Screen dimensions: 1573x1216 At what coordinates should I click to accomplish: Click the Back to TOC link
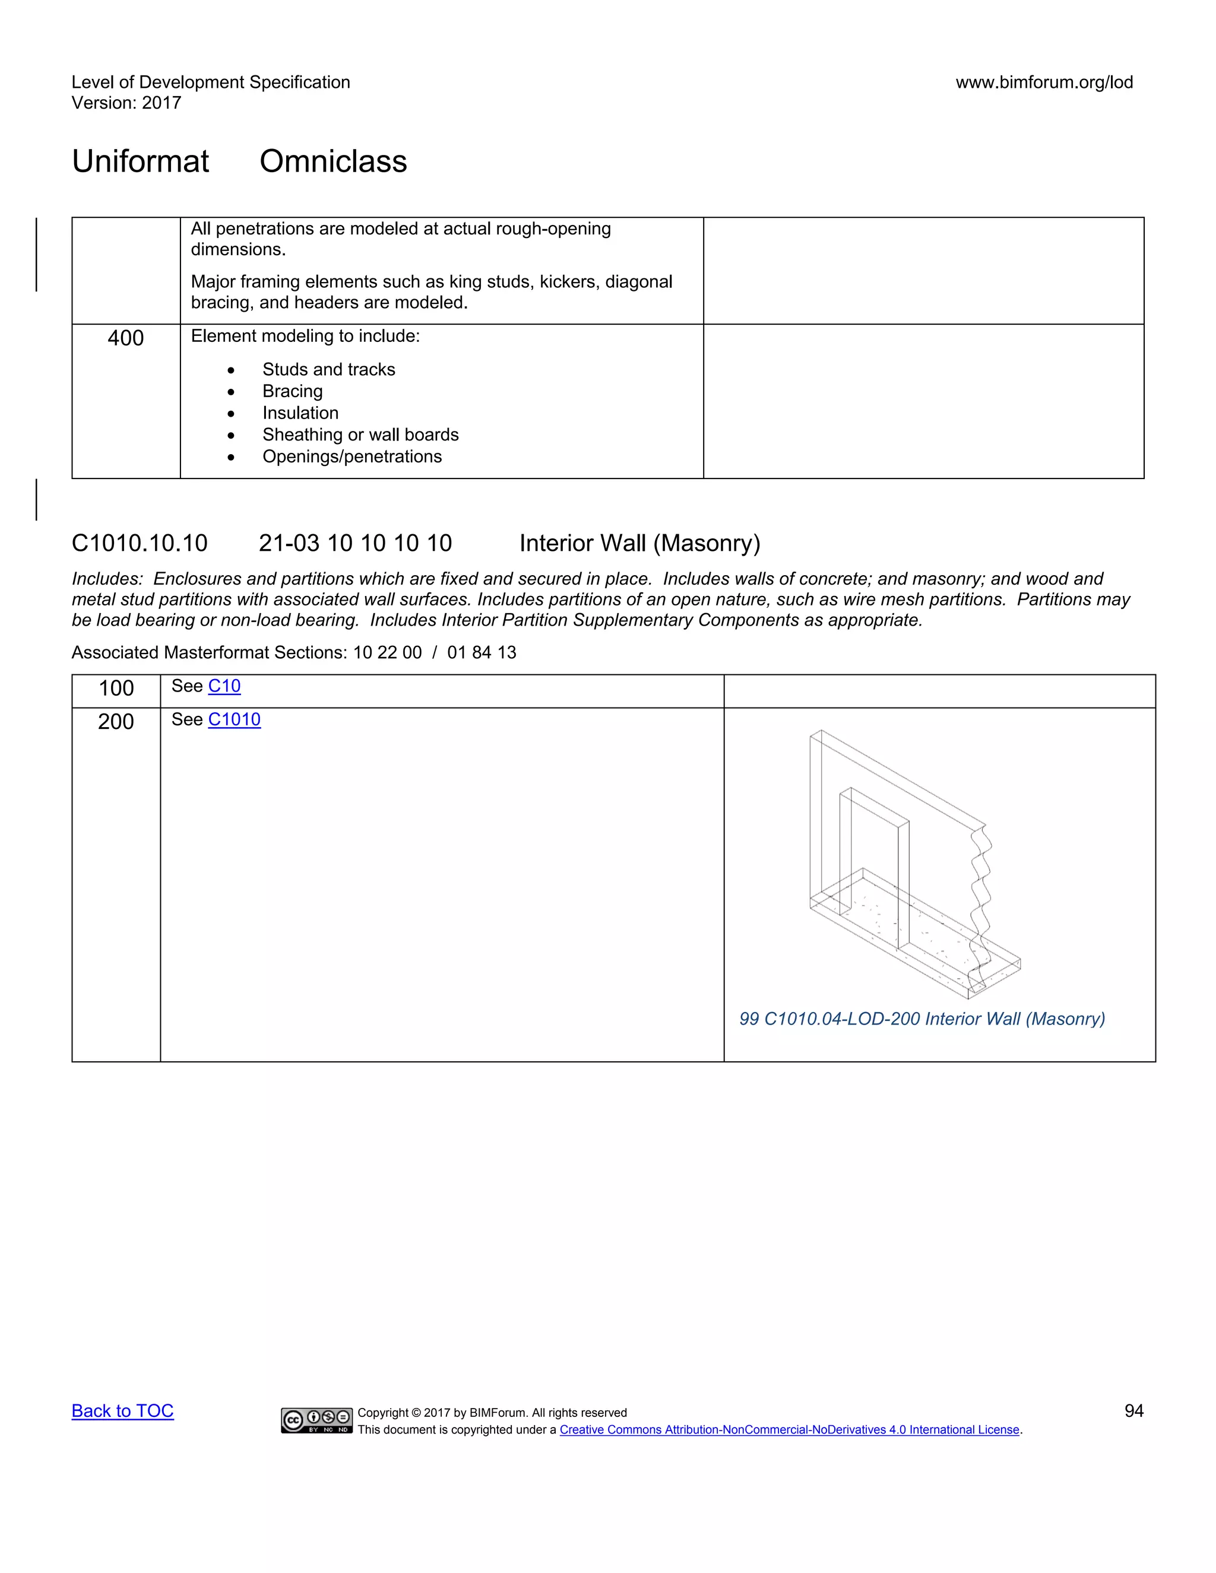pyautogui.click(x=122, y=1410)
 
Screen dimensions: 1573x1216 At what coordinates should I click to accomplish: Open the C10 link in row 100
pyautogui.click(x=224, y=686)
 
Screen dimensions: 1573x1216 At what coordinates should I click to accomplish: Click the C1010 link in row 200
pyautogui.click(x=234, y=719)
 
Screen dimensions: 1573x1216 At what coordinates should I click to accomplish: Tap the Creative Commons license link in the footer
pyautogui.click(x=789, y=1430)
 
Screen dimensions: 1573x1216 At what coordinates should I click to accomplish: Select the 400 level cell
pyautogui.click(x=125, y=338)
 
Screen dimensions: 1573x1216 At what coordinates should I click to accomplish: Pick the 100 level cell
pyautogui.click(x=116, y=689)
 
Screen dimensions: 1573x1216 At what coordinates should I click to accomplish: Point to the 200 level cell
pyautogui.click(x=116, y=722)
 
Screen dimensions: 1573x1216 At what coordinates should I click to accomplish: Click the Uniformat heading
pyautogui.click(x=141, y=161)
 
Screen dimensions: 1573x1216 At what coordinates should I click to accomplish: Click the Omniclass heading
pyautogui.click(x=333, y=161)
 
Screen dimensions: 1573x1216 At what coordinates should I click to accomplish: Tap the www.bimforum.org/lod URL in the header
pyautogui.click(x=1044, y=82)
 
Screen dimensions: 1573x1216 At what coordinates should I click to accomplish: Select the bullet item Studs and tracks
pyautogui.click(x=328, y=369)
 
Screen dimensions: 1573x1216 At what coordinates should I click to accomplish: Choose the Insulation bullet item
pyautogui.click(x=300, y=413)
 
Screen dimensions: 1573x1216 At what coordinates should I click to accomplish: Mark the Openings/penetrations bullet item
pyautogui.click(x=351, y=456)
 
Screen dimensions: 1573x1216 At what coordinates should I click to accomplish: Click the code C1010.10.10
pyautogui.click(x=139, y=543)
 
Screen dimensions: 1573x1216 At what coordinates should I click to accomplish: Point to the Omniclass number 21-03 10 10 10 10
pyautogui.click(x=355, y=543)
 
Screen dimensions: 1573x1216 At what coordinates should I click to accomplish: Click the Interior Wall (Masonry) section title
pyautogui.click(x=639, y=543)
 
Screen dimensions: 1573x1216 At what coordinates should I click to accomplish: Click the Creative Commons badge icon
pyautogui.click(x=316, y=1420)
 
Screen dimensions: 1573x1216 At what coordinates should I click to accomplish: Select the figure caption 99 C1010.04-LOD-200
pyautogui.click(x=921, y=1019)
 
